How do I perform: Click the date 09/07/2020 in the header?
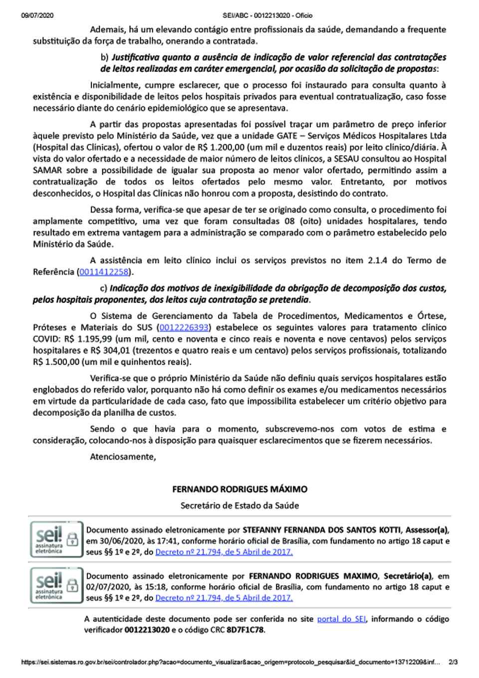click(37, 15)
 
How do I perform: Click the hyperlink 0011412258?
click(104, 272)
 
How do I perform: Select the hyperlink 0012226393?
click(184, 328)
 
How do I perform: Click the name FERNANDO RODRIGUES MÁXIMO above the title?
click(239, 489)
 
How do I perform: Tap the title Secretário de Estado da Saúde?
click(239, 505)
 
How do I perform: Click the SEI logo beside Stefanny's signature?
click(56, 539)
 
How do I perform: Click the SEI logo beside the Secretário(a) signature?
click(56, 585)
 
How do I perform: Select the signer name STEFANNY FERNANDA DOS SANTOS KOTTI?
click(323, 530)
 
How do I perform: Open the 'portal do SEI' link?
click(341, 619)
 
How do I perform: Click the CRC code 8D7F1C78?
click(245, 630)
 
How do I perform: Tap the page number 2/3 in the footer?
click(453, 663)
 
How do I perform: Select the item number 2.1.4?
click(378, 260)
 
